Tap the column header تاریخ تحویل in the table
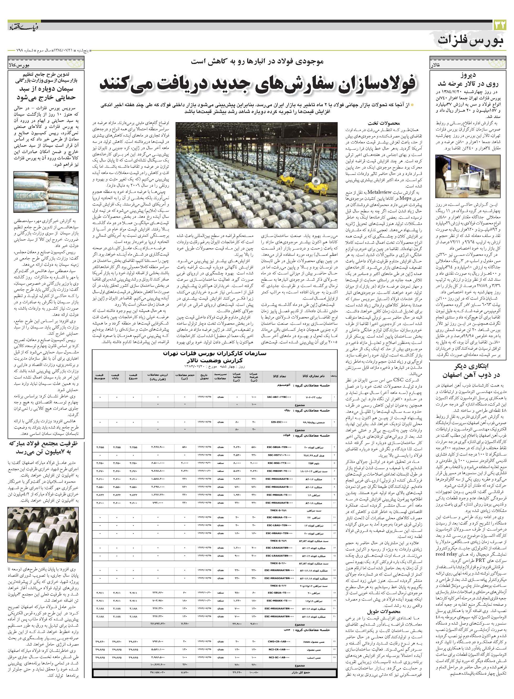203,377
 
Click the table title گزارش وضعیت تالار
214,361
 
